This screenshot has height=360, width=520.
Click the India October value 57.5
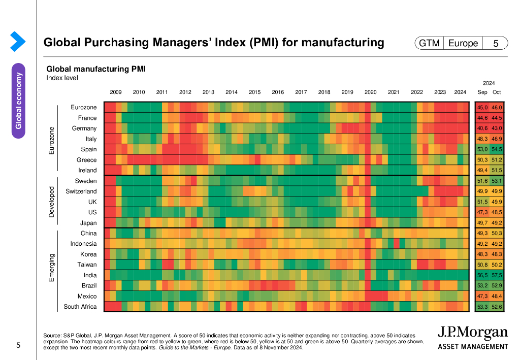(x=497, y=275)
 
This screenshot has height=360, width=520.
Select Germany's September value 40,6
(x=482, y=128)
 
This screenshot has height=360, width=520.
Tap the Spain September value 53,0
(x=482, y=149)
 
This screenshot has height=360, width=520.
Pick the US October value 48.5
(x=497, y=212)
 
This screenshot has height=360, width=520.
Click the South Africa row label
(x=80, y=307)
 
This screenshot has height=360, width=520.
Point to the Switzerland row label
(x=81, y=191)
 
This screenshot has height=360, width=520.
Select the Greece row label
(x=86, y=160)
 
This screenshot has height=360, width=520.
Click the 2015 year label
(x=254, y=92)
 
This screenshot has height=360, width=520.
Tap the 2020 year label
(x=370, y=92)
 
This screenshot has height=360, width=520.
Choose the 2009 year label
(x=116, y=92)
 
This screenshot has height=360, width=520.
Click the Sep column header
(x=482, y=92)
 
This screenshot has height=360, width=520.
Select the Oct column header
(x=497, y=92)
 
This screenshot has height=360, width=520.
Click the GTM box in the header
(x=429, y=44)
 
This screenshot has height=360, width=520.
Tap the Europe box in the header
(x=463, y=44)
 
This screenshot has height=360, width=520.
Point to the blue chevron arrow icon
(x=18, y=41)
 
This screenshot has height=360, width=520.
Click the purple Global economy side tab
(x=18, y=100)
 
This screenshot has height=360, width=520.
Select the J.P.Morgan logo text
(x=472, y=334)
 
